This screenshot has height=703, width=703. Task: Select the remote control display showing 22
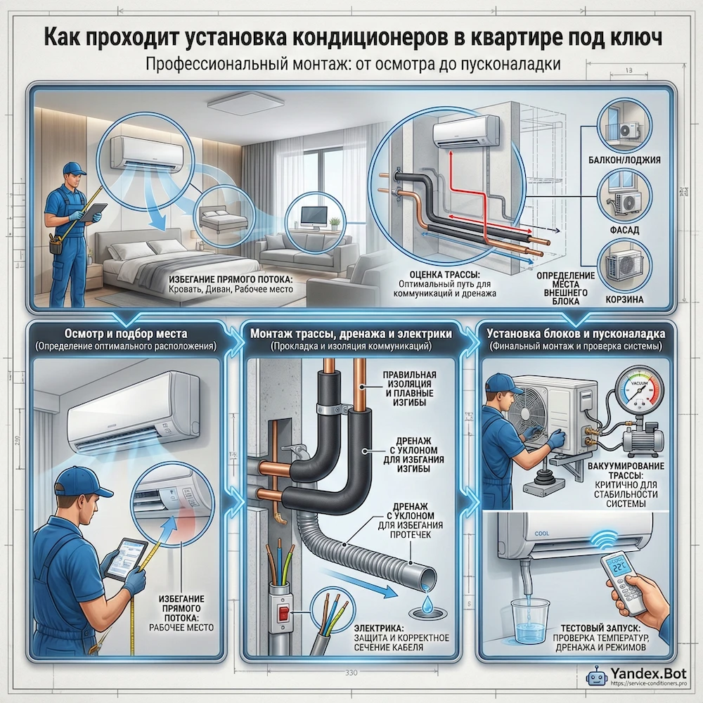click(x=621, y=569)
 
